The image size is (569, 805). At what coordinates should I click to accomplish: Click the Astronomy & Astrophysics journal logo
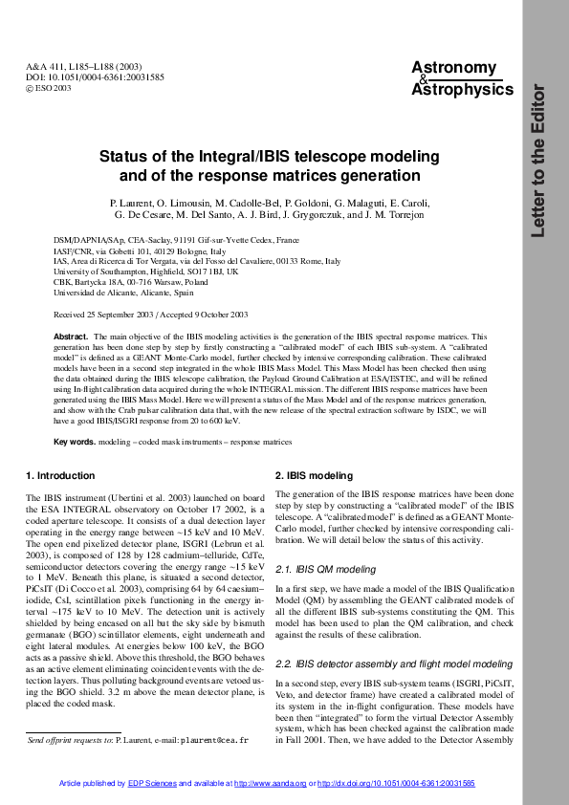[462, 78]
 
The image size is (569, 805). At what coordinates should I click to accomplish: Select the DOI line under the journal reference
[81, 76]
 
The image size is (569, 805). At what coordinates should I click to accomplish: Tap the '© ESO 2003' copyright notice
[49, 88]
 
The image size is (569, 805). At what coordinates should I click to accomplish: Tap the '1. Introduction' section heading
[60, 475]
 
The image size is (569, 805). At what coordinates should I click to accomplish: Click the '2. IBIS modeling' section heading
[314, 475]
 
